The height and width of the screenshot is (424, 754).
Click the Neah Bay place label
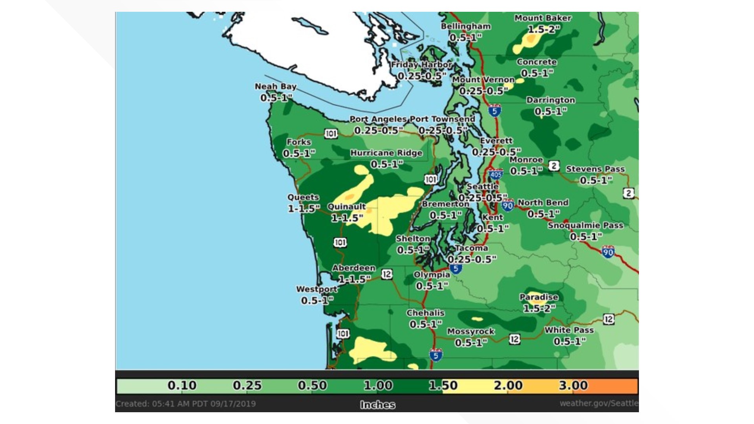click(x=275, y=86)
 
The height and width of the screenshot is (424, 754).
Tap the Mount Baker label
click(x=543, y=18)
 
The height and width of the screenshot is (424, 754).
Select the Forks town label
click(x=298, y=142)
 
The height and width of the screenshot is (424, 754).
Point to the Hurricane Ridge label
click(x=386, y=153)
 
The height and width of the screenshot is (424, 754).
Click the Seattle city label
click(x=482, y=186)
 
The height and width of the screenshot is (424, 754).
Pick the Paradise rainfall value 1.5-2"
click(x=539, y=309)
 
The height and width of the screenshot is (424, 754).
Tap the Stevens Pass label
click(x=595, y=169)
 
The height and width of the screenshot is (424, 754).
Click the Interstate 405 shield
click(x=496, y=174)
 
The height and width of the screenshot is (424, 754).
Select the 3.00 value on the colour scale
click(x=573, y=386)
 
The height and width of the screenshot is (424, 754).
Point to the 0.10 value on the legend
click(x=182, y=386)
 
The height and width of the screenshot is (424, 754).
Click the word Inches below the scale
click(x=377, y=405)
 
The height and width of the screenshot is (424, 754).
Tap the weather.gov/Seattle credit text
click(x=598, y=403)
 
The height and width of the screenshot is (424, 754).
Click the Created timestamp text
click(x=185, y=404)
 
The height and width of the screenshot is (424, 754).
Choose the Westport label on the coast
click(x=316, y=289)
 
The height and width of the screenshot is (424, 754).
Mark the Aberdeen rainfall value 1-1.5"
click(x=354, y=279)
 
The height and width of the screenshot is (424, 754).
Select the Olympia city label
click(x=432, y=274)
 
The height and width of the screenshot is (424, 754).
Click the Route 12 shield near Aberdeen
click(x=386, y=274)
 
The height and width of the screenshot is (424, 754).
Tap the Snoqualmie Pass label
click(x=585, y=225)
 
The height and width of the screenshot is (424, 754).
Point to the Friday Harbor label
click(x=421, y=64)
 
